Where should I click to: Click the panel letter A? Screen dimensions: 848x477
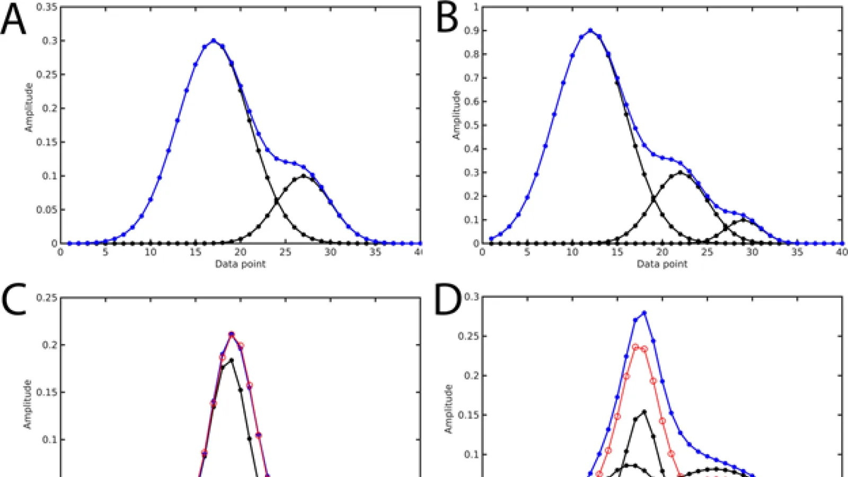tap(14, 20)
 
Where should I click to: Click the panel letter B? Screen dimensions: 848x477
tap(447, 19)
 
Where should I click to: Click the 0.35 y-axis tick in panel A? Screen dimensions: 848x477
tap(47, 7)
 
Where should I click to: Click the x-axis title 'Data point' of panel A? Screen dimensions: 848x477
tap(240, 264)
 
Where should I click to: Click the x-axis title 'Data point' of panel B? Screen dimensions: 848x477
tap(662, 264)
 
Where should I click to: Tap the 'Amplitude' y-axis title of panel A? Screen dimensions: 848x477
tap(29, 107)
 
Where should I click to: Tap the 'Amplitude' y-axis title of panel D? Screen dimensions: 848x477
tap(449, 409)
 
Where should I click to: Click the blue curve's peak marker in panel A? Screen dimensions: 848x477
tap(214, 40)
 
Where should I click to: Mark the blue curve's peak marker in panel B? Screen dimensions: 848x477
tap(590, 30)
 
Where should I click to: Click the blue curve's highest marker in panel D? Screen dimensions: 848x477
tap(644, 313)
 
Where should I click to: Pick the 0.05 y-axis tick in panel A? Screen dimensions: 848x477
tap(47, 210)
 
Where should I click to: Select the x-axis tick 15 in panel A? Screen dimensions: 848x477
tap(196, 252)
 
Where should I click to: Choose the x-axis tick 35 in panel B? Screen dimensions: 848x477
tap(797, 252)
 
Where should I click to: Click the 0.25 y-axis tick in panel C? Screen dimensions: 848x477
tap(47, 297)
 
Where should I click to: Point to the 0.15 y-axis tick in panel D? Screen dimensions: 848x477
tap(469, 415)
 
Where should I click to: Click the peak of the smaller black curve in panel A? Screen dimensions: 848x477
tap(304, 175)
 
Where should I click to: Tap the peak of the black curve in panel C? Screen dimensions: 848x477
tap(231, 360)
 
